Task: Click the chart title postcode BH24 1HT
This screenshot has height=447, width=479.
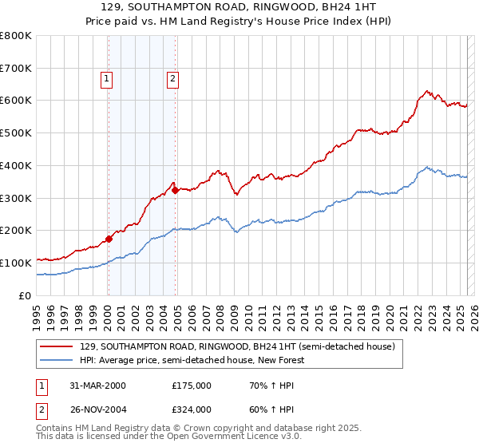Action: coord(350,7)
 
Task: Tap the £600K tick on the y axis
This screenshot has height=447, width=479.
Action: coord(16,101)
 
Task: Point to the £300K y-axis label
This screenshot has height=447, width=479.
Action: coord(16,198)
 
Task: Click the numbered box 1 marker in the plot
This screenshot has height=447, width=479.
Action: coord(107,78)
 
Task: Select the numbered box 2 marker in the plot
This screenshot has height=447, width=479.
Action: coord(172,78)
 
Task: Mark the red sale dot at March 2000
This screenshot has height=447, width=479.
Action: coord(109,238)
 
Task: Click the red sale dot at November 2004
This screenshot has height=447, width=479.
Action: coord(176,190)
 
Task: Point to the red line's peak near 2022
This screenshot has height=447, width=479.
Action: coord(428,91)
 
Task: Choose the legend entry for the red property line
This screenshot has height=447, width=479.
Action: coord(237,346)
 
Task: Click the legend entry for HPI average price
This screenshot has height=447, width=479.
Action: coord(192,360)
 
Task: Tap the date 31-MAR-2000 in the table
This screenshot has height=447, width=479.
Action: coord(98,386)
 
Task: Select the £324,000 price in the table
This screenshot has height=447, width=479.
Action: coord(192,409)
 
